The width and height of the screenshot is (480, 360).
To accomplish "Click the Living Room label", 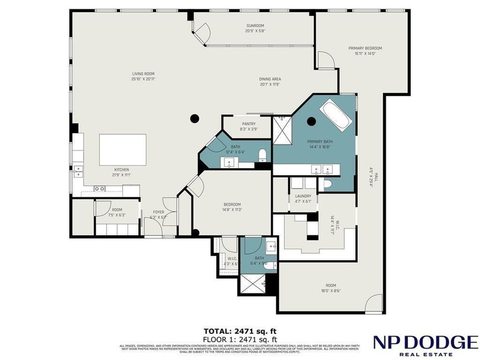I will (143, 76).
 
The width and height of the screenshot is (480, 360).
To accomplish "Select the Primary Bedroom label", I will (365, 51).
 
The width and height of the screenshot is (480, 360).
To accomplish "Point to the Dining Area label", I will (270, 82).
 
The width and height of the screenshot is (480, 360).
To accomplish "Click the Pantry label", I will (249, 126).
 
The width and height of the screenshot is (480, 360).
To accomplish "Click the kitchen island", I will (122, 150).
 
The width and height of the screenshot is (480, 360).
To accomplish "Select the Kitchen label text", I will (121, 173).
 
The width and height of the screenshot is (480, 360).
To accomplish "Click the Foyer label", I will (158, 214).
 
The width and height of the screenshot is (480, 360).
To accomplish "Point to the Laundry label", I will (303, 198).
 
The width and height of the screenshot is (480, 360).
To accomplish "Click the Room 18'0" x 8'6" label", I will (330, 288).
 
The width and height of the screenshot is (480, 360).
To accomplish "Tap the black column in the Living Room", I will (194, 118).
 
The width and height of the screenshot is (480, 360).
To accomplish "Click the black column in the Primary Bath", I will (311, 121).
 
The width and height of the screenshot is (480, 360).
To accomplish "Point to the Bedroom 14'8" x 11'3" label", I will (231, 207).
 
